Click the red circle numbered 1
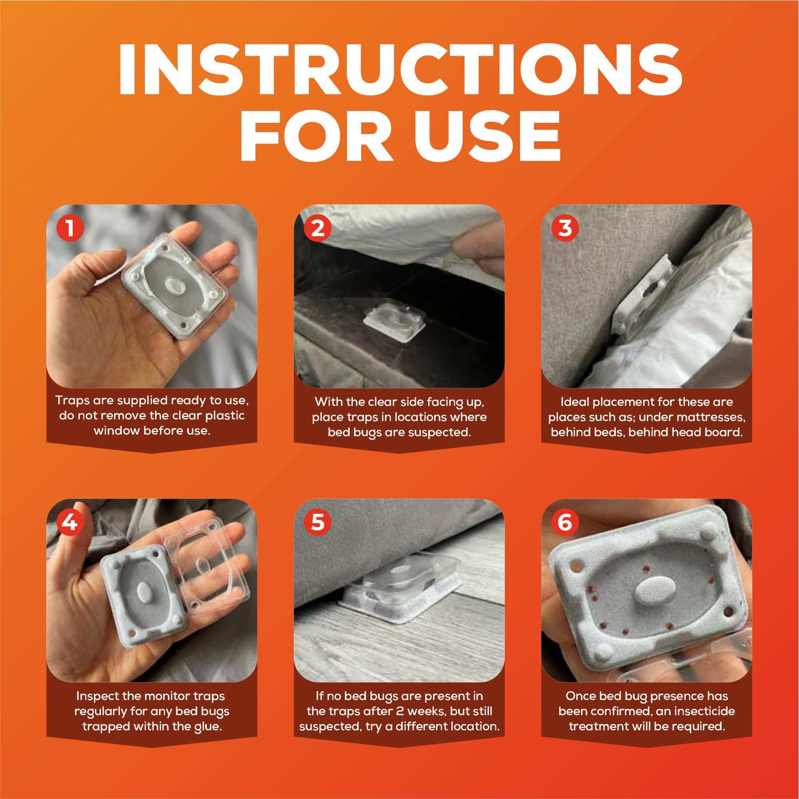(x=70, y=228)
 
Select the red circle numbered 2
(x=318, y=228)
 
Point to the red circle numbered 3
(x=565, y=228)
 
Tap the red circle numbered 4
(x=70, y=522)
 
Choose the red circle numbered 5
(x=318, y=522)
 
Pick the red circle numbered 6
(x=565, y=522)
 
